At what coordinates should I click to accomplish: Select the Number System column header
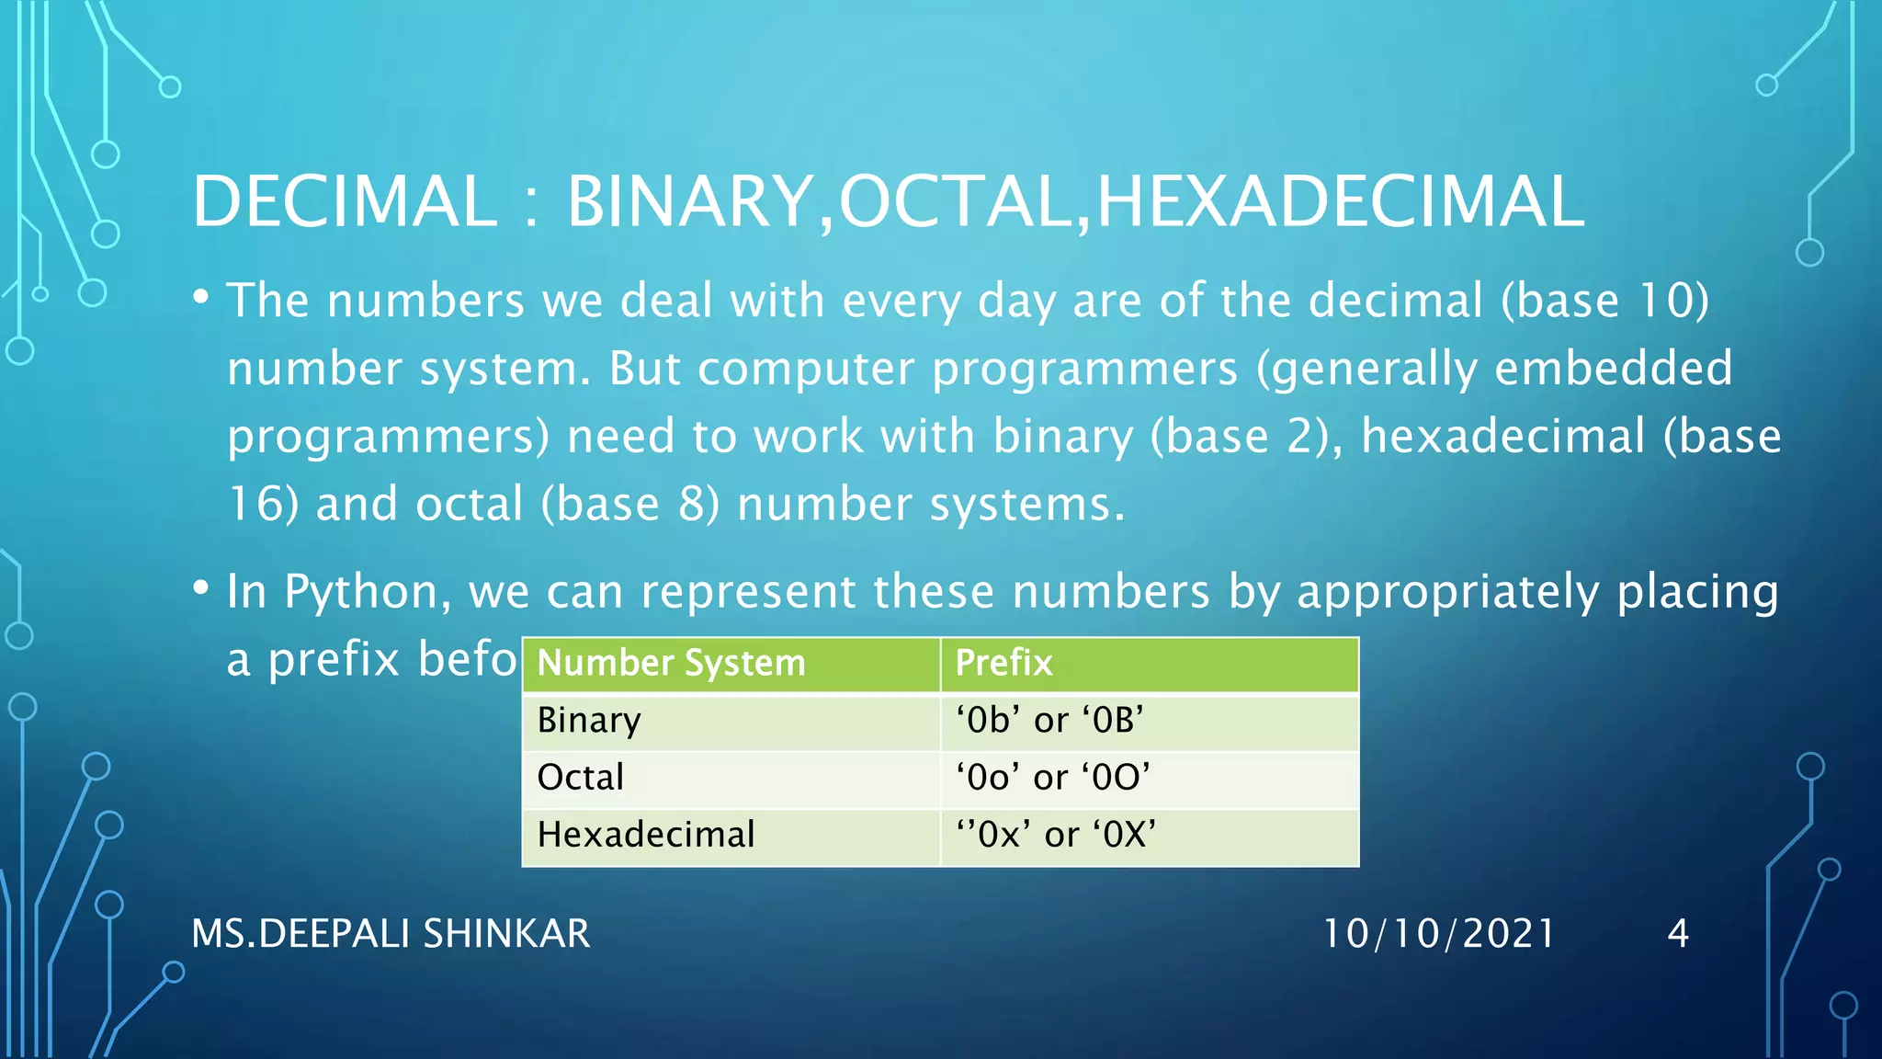coord(731,664)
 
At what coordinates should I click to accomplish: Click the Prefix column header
coord(1149,664)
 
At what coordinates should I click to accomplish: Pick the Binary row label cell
coord(731,722)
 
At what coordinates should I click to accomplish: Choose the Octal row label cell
coord(731,779)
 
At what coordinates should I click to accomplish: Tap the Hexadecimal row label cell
coord(731,836)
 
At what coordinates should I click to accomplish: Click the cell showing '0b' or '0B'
coord(1149,722)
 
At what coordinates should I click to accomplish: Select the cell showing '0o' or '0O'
coord(1149,779)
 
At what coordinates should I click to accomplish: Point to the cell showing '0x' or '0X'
coord(1149,836)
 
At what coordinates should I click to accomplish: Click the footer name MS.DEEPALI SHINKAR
coord(391,934)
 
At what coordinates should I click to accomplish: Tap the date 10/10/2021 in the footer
coord(1438,934)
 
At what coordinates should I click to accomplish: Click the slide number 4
coord(1678,934)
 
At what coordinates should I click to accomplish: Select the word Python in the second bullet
coord(367,593)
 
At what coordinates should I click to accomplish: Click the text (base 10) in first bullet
coord(1604,302)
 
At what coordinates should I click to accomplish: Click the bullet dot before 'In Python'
coord(201,587)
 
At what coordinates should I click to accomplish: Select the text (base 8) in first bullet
coord(629,505)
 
